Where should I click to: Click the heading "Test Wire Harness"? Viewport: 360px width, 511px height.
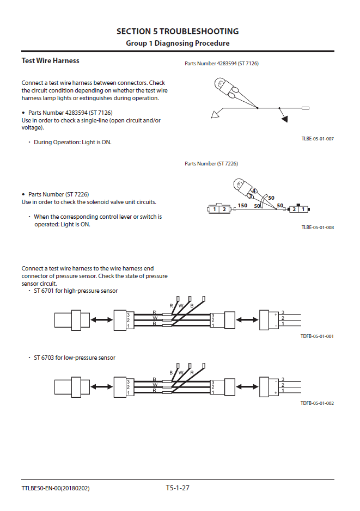[50, 60]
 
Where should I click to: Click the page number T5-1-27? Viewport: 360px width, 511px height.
[178, 488]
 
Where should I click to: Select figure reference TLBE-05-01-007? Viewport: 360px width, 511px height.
[318, 139]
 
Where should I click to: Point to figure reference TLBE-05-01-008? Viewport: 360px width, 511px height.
[318, 227]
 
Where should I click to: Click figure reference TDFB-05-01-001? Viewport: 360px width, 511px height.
[317, 336]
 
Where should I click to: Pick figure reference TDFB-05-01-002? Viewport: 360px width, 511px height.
[317, 403]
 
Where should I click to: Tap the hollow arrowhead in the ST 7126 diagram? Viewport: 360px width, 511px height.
[216, 114]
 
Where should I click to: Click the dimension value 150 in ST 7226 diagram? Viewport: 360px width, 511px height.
[243, 205]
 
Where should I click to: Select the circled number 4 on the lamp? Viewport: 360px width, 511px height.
[254, 190]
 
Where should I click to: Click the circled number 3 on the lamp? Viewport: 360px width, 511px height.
[250, 195]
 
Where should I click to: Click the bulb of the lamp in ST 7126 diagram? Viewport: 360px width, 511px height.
[220, 85]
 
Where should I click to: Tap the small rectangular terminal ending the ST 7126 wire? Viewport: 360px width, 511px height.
[305, 108]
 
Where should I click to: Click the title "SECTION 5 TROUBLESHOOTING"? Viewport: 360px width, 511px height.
[178, 32]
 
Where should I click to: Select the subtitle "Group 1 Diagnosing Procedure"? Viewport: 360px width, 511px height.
[178, 43]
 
